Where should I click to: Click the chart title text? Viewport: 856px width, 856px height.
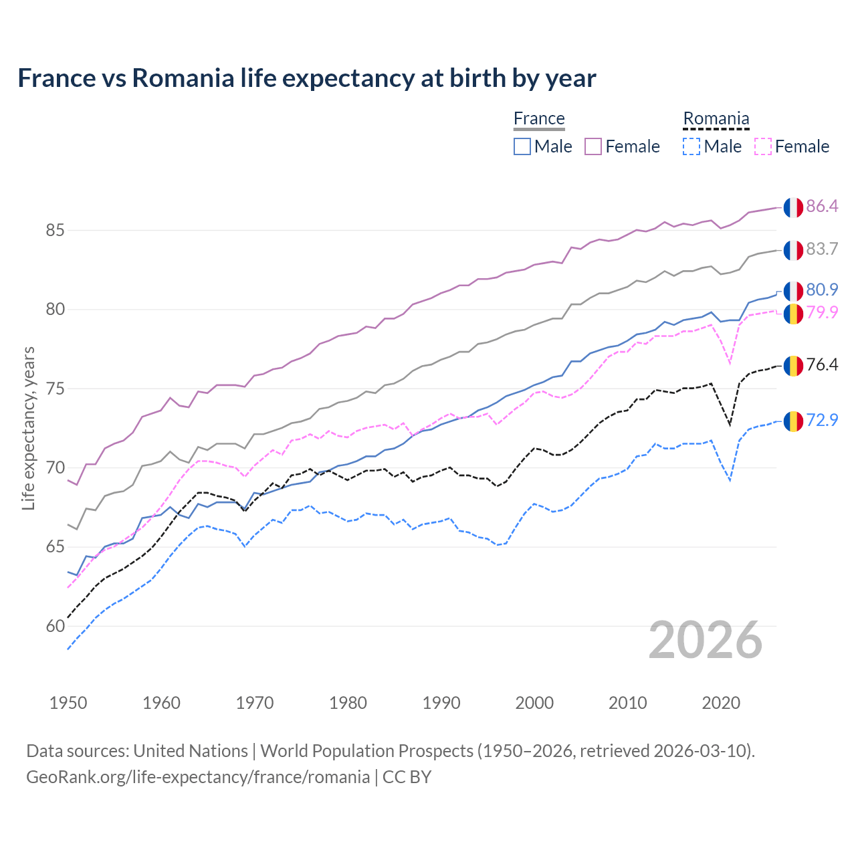[306, 78]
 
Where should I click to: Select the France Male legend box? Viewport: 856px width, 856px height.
[522, 146]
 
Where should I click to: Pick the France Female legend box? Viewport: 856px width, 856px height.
[593, 146]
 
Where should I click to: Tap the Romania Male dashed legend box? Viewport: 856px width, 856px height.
[691, 146]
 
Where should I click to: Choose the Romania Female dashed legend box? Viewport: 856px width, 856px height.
[763, 146]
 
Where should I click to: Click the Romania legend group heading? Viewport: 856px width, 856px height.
[716, 119]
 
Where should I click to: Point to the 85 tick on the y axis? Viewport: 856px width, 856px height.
[55, 231]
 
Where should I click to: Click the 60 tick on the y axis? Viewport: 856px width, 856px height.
[55, 627]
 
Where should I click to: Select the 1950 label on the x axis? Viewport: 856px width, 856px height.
[68, 703]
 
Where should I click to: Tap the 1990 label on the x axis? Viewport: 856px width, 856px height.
[441, 703]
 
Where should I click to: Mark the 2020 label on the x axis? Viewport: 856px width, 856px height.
[721, 703]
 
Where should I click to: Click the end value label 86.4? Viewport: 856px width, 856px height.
[822, 207]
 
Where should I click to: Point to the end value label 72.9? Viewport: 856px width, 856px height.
[822, 421]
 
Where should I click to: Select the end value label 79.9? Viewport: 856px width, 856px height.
[822, 312]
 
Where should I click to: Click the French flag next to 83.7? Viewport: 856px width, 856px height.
[793, 250]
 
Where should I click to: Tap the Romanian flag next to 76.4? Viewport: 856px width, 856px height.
[793, 366]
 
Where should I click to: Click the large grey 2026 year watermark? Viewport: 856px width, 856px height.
[705, 641]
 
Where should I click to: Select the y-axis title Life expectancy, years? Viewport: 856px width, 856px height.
[28, 428]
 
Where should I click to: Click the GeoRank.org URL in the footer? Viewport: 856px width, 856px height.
[198, 777]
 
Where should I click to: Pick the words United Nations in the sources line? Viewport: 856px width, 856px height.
[191, 751]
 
